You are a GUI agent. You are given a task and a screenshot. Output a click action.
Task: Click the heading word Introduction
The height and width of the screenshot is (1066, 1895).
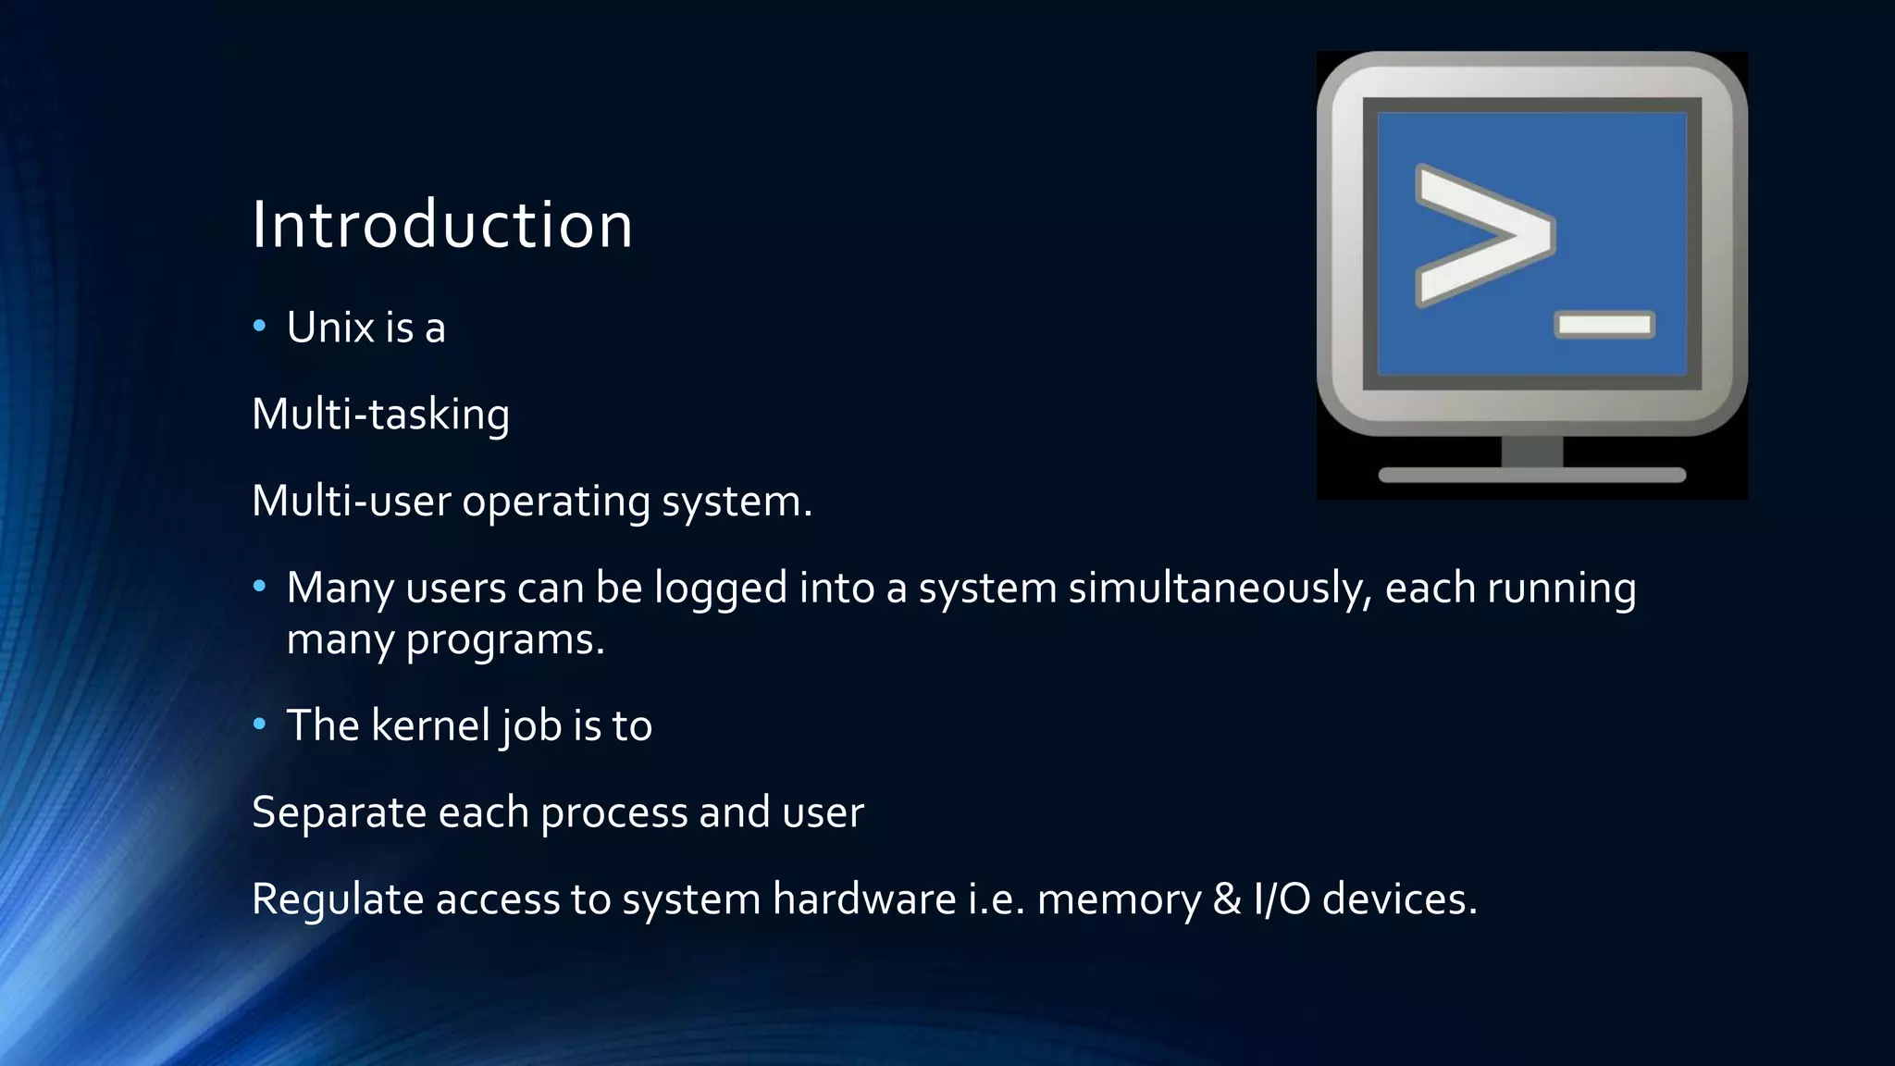(442, 225)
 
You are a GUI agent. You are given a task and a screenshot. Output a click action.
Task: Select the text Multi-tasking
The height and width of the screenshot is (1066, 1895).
(380, 414)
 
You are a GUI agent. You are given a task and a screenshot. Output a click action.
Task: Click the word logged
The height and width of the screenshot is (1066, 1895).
(721, 589)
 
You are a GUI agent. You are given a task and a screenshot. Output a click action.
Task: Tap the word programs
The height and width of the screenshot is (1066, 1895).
(505, 639)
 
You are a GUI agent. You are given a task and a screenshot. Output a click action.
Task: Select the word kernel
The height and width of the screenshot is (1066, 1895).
(430, 725)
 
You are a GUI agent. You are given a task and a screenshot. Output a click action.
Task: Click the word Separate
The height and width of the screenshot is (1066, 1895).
(339, 812)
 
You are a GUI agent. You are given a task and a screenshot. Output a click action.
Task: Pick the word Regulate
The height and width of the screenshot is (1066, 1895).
(338, 899)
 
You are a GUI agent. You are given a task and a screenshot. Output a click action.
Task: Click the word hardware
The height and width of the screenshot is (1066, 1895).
(864, 899)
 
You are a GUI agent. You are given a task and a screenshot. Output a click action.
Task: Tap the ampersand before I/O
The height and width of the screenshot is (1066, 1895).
(1227, 899)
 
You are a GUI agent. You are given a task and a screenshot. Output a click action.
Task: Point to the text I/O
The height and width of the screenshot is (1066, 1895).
(1282, 899)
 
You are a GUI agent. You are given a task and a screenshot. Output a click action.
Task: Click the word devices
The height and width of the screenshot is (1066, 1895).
(1399, 899)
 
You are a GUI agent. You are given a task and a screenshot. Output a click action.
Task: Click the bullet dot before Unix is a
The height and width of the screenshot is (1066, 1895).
(259, 326)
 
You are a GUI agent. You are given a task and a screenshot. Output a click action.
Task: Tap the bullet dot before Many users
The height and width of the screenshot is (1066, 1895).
(259, 587)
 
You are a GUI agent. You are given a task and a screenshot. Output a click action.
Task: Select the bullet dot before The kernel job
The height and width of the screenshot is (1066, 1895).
(259, 724)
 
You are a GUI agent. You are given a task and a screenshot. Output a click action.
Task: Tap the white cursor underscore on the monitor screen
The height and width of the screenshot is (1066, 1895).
(1604, 325)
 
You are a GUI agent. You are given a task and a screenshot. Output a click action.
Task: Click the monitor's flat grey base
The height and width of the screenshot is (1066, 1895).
(1532, 475)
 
